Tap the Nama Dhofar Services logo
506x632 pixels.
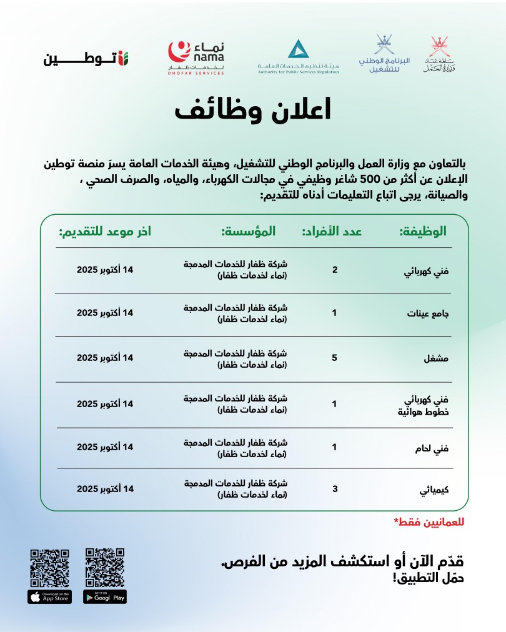tap(196, 58)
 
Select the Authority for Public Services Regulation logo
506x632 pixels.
tap(298, 57)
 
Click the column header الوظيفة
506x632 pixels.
tap(423, 231)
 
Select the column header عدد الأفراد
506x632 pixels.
tap(333, 231)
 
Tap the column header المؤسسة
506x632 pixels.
tap(248, 231)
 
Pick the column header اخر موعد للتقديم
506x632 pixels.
tap(104, 231)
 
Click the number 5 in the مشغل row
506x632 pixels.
tap(335, 358)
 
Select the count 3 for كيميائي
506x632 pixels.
tap(335, 488)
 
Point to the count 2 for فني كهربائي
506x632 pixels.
tap(335, 270)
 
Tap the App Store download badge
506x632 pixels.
tap(50, 596)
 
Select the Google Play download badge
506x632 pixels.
tap(105, 596)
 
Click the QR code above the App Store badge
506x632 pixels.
tap(50, 567)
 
